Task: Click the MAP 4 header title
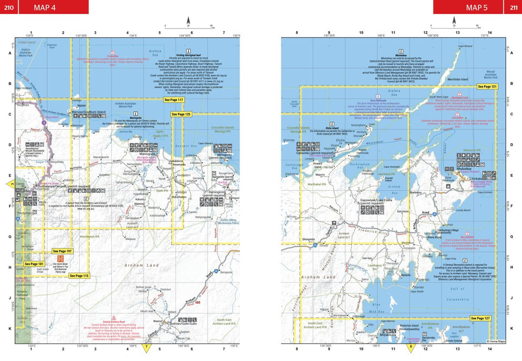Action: tap(45, 7)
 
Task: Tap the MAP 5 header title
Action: tap(477, 7)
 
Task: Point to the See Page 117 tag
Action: tap(174, 100)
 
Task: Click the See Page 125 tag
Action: tap(181, 114)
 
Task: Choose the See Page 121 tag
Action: tap(487, 87)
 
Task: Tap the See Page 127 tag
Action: tap(480, 318)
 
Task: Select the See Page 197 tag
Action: tap(62, 252)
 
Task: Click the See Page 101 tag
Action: tap(34, 264)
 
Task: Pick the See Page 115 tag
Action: tap(79, 275)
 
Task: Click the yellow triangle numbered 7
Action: tap(147, 347)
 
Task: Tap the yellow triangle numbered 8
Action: tap(411, 347)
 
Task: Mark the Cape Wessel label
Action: tap(464, 46)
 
